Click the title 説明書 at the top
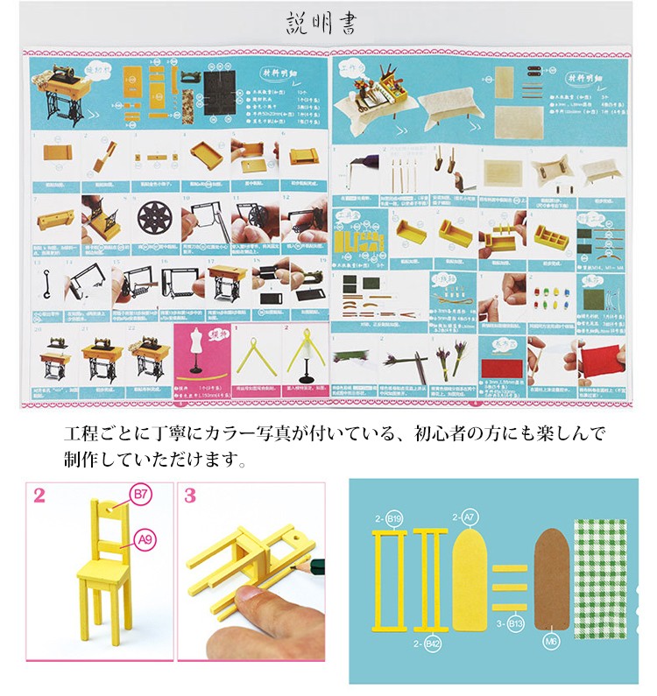(321, 23)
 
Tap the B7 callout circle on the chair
(141, 496)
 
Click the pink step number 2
(39, 496)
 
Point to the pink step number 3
(191, 496)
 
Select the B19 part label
(392, 518)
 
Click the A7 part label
(470, 518)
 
